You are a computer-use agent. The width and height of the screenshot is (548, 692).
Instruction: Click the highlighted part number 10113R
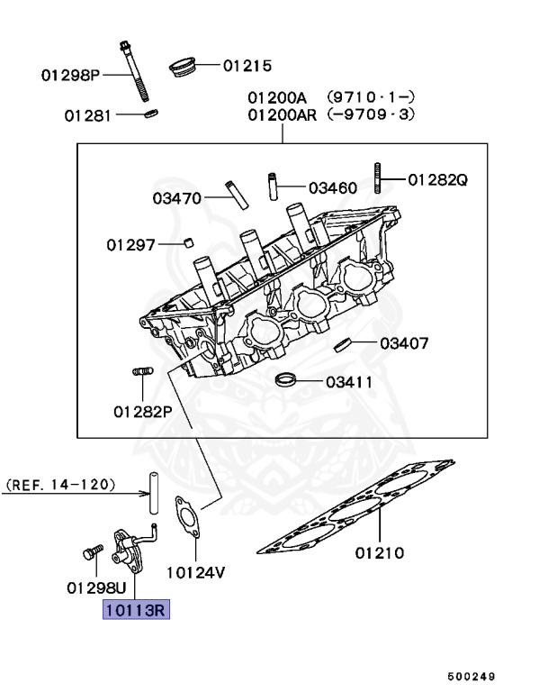[135, 611]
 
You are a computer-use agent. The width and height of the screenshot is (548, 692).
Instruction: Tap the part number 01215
[247, 65]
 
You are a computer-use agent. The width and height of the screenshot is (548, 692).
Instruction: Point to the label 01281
[88, 115]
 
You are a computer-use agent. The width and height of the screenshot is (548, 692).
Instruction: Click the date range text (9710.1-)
[371, 96]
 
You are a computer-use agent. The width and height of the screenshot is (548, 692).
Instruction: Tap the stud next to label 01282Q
[379, 178]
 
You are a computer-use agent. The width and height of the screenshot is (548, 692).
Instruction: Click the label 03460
[332, 187]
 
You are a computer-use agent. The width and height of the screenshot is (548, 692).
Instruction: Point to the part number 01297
[130, 244]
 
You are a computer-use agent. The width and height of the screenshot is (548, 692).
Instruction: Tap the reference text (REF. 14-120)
[61, 485]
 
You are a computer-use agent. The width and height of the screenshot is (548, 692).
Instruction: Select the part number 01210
[378, 552]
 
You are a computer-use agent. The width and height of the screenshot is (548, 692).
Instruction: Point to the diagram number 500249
[472, 675]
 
